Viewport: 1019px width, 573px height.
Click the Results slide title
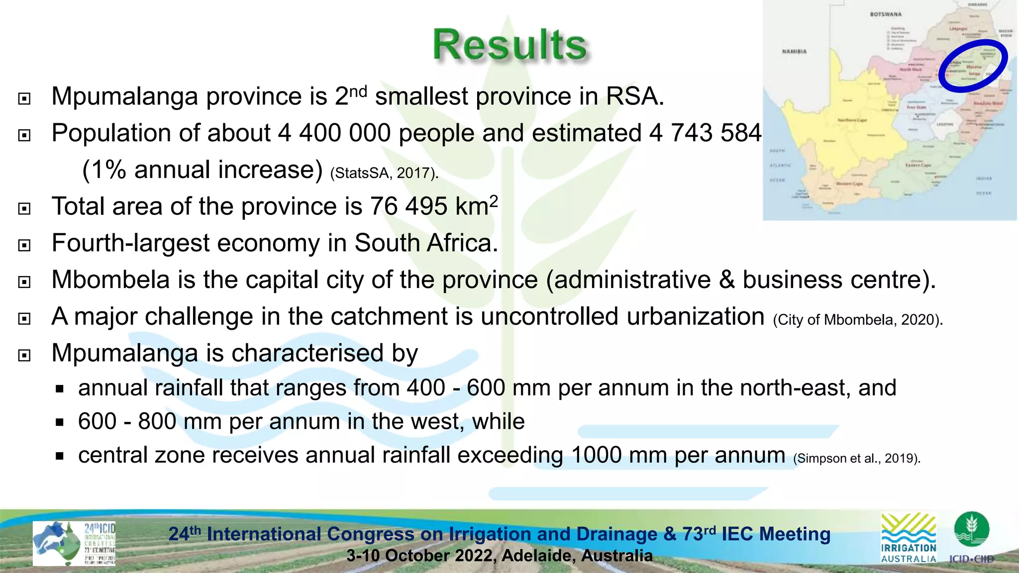509,45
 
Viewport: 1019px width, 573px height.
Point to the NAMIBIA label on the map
794,52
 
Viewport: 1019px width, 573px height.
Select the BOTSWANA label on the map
886,14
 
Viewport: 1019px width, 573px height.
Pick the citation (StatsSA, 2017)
384,173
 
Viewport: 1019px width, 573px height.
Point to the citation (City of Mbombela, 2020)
858,320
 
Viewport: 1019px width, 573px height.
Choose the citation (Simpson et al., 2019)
857,458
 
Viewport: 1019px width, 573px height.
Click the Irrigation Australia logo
909,538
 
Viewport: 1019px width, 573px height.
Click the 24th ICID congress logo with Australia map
74,543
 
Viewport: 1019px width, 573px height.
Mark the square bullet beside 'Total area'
24,209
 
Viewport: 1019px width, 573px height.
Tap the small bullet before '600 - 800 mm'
60,423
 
